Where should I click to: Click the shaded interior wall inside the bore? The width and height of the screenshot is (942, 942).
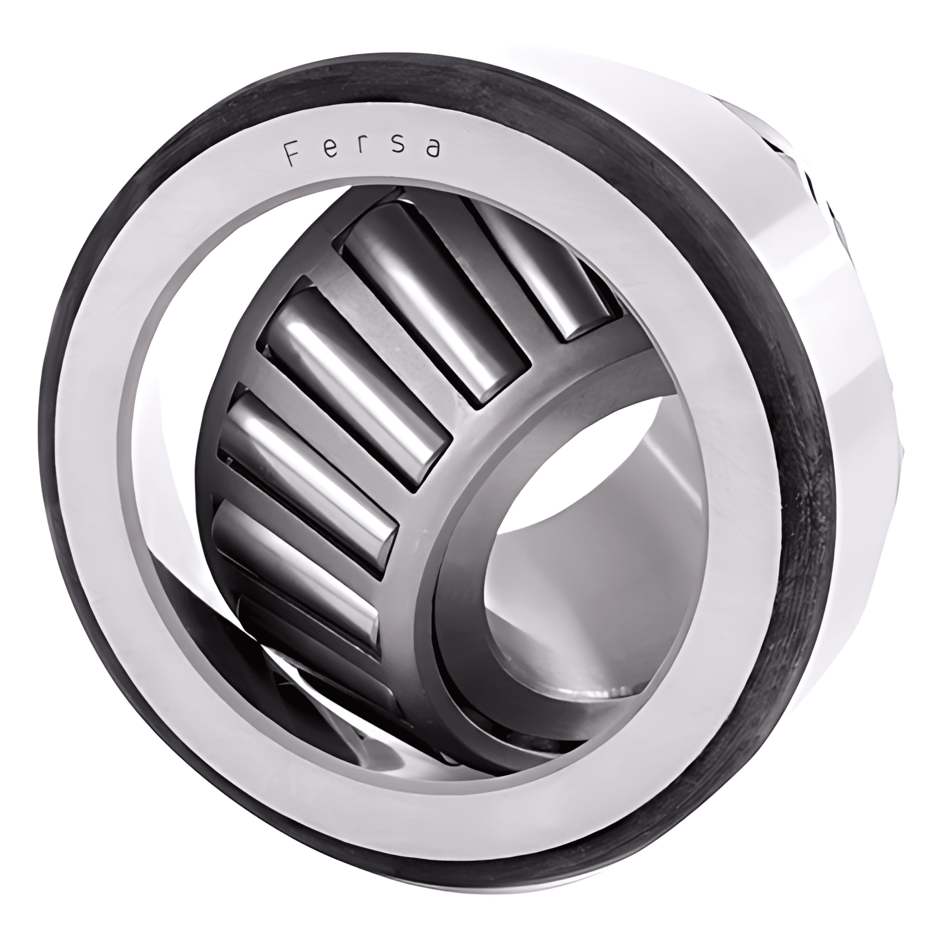(x=673, y=505)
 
